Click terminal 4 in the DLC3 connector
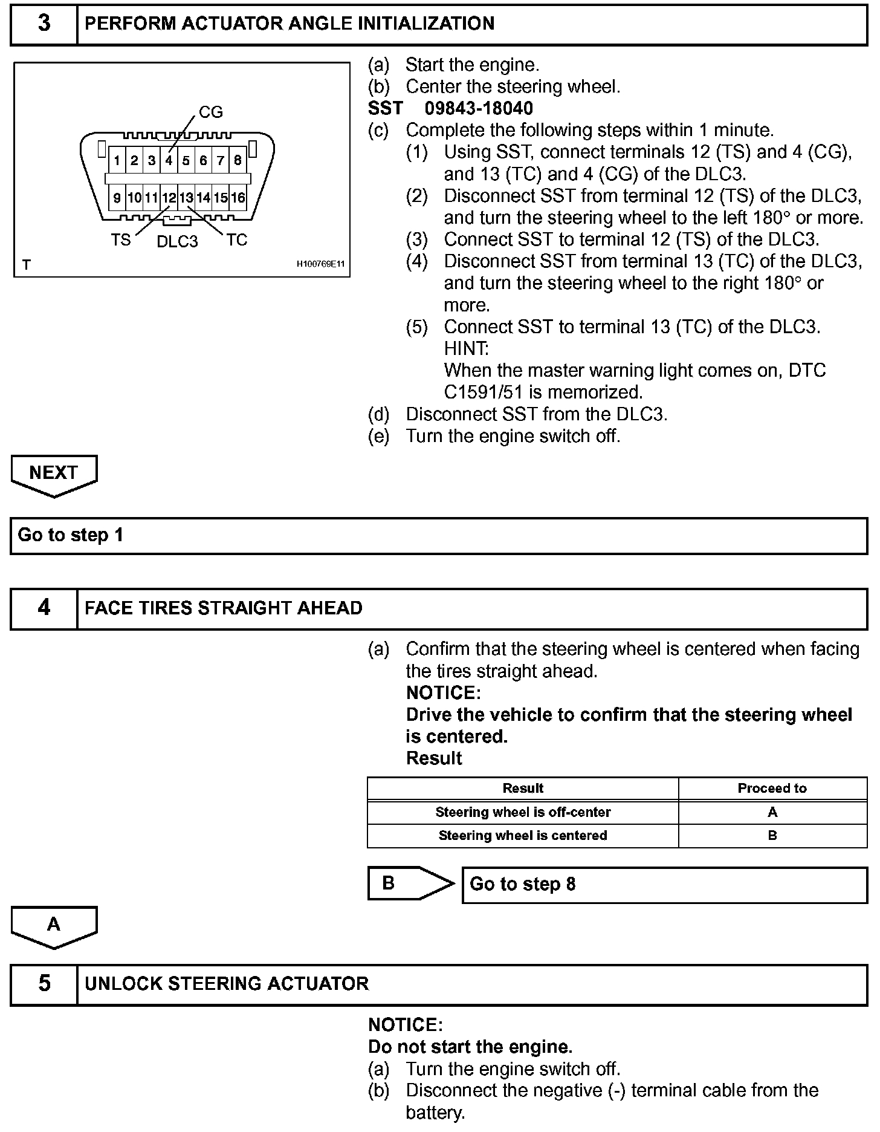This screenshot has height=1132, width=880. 169,161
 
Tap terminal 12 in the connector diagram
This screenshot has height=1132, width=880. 169,198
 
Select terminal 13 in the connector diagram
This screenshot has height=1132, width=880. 186,198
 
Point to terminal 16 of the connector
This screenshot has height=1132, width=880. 238,198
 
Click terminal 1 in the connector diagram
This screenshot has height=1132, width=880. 117,161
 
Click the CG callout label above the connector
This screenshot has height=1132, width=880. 211,112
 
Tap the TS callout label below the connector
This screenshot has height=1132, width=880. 120,240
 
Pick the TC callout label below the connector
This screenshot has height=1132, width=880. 237,240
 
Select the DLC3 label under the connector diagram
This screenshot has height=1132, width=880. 177,241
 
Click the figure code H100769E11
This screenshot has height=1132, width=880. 320,264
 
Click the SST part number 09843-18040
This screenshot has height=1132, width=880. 479,108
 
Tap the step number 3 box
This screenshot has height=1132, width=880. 44,24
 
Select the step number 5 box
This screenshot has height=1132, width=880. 44,983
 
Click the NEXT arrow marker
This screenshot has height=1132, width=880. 54,473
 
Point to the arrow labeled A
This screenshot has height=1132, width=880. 54,925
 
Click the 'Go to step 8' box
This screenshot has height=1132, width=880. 664,885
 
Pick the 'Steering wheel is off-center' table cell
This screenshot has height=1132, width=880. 523,812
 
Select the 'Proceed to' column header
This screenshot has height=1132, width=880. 772,789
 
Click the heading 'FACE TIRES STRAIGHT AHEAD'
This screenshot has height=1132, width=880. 224,608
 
